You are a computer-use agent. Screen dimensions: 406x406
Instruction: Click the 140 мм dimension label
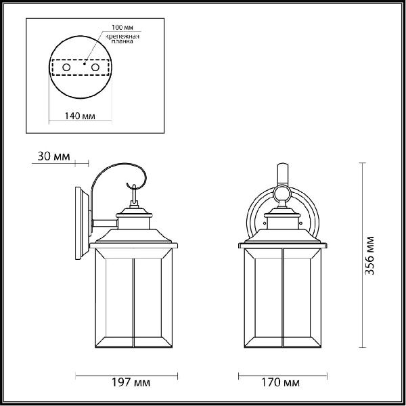80,116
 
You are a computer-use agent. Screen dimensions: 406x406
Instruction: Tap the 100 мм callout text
122,27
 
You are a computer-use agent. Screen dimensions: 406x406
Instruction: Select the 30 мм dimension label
53,156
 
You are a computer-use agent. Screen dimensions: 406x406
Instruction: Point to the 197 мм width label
131,382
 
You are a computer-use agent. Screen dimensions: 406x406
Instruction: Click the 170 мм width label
280,382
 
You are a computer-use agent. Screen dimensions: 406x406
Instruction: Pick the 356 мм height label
369,256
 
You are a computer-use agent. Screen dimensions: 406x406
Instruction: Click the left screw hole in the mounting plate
66,67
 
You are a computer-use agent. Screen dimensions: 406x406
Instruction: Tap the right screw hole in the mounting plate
95,67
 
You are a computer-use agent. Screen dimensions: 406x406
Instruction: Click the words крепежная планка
122,39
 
